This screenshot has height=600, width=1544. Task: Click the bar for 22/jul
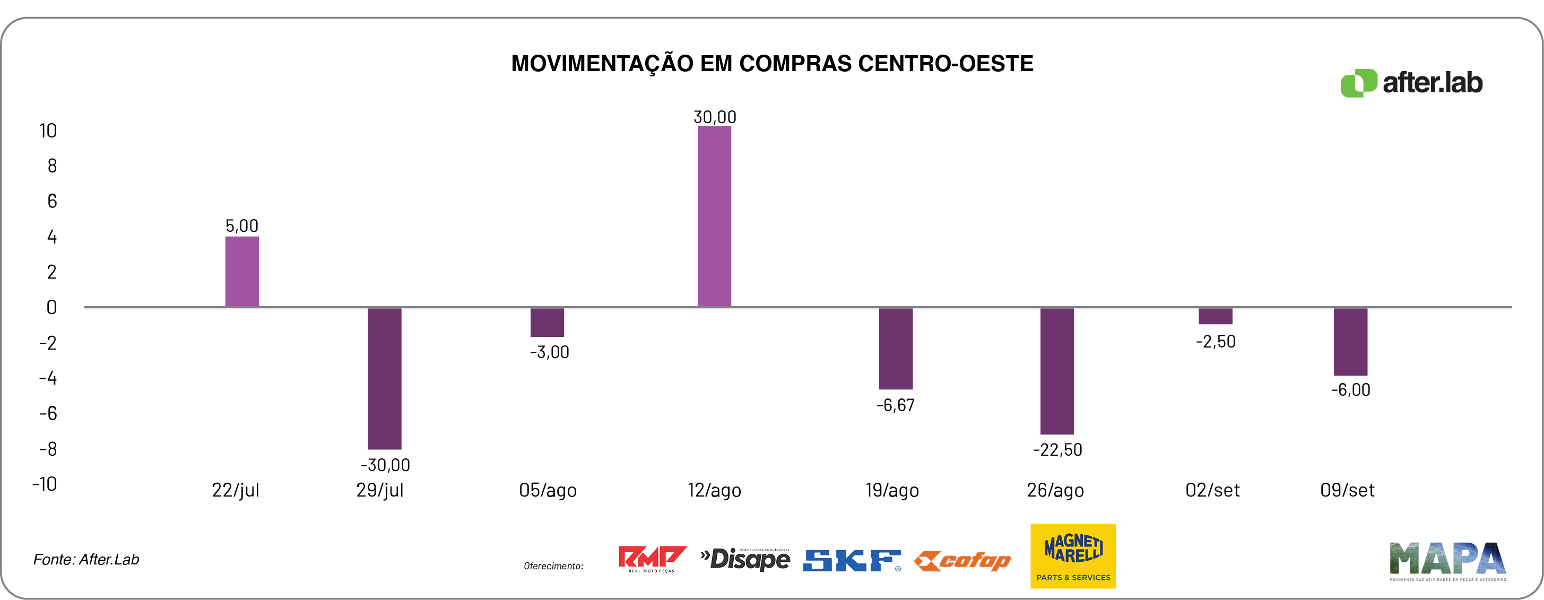click(241, 272)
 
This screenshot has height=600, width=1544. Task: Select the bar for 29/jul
click(384, 378)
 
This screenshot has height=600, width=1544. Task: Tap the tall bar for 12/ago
click(714, 216)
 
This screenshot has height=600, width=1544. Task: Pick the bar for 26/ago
click(1057, 371)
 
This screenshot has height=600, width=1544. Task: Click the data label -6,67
click(896, 406)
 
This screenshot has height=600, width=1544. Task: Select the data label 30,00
click(715, 117)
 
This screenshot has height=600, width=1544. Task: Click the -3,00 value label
click(549, 352)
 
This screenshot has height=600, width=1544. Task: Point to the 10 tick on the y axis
click(48, 131)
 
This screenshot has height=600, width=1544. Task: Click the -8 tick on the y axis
click(48, 449)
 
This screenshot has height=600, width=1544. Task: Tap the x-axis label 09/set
click(1347, 490)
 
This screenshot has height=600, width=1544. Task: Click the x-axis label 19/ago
click(892, 490)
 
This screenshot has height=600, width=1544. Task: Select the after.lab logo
click(1411, 83)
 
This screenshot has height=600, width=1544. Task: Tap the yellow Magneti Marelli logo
click(1073, 555)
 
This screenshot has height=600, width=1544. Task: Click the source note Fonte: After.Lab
click(86, 559)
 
